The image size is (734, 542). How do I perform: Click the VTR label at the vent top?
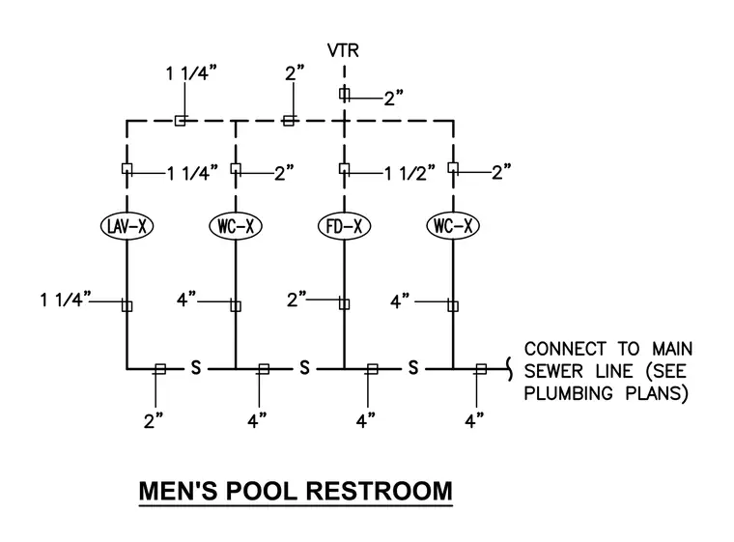343,50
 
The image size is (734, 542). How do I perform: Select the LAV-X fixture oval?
127,226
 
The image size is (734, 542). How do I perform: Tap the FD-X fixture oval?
344,226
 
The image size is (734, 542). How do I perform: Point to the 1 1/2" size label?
409,173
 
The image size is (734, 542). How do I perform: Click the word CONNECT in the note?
565,349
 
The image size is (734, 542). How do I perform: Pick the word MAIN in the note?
672,349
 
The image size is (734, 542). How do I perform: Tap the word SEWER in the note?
553,371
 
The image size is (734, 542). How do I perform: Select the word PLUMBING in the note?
568,393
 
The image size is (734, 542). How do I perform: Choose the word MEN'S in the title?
179,491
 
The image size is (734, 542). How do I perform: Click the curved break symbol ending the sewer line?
509,369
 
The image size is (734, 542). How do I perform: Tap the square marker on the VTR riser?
344,94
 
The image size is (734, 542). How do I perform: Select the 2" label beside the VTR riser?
394,99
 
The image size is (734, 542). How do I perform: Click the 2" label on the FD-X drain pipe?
296,299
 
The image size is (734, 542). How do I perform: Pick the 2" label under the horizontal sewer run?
153,420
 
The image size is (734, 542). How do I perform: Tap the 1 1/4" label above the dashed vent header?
191,73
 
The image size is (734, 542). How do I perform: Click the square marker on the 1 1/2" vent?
344,169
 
